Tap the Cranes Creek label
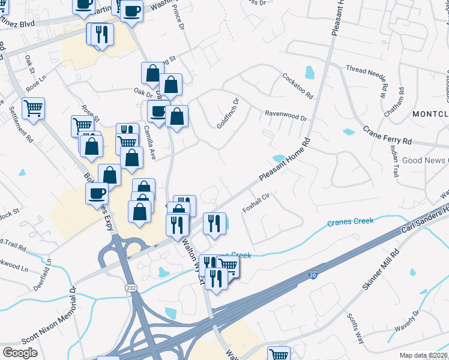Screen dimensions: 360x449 click(x=351, y=222)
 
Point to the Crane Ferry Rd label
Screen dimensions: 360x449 click(x=387, y=136)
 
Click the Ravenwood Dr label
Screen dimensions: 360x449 click(x=286, y=114)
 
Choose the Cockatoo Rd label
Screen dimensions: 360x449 click(x=298, y=86)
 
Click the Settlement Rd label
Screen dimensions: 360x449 click(x=20, y=124)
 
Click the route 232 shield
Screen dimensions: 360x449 click(x=131, y=289)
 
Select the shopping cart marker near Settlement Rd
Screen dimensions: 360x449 click(x=33, y=109)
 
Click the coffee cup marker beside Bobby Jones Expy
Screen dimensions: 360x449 click(x=97, y=193)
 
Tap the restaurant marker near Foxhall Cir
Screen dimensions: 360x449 click(x=214, y=223)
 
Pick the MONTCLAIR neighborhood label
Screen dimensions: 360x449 click(x=430, y=113)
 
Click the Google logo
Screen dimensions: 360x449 click(x=20, y=352)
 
